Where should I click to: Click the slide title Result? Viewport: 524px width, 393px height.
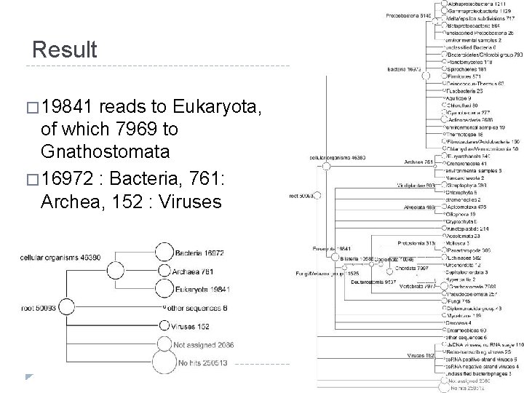click(65, 50)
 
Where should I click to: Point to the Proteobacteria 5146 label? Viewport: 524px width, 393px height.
click(408, 15)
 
